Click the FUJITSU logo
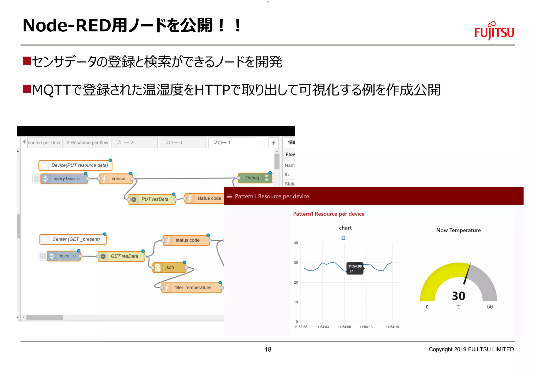tap(494, 31)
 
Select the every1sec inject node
tap(64, 179)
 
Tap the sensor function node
tap(116, 179)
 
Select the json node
tap(169, 267)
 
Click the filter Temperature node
tap(192, 288)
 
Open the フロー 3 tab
tap(183, 143)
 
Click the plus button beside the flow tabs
tap(273, 143)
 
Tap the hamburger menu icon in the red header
tap(229, 196)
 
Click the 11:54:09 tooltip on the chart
tap(355, 268)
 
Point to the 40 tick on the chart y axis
tap(296, 243)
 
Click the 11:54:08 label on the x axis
tap(344, 327)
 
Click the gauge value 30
tap(459, 296)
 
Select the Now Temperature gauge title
tap(458, 230)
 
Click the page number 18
tap(268, 349)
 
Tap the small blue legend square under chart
tap(343, 238)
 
